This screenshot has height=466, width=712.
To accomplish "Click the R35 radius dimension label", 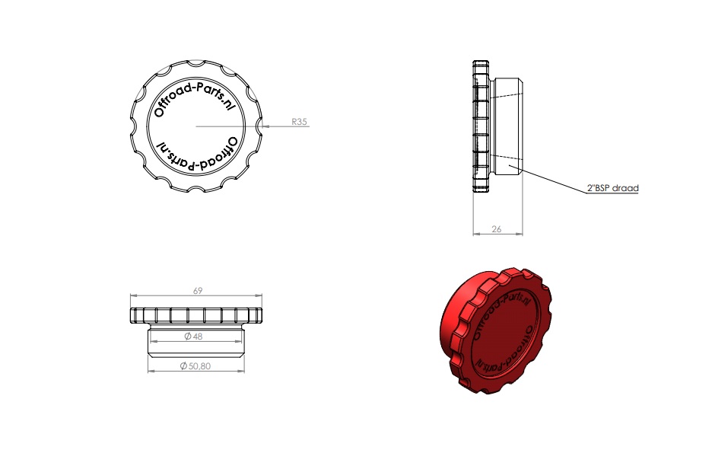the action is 299,121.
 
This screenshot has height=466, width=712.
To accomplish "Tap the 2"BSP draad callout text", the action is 613,188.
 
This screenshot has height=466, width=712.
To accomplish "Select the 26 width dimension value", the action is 497,229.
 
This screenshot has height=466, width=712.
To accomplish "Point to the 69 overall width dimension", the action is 198,291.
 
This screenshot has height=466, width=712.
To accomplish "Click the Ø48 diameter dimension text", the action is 193,337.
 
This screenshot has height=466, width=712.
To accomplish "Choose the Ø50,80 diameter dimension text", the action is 195,366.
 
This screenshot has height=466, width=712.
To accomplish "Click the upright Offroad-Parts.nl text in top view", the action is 194,100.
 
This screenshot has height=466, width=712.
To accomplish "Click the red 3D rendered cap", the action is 496,330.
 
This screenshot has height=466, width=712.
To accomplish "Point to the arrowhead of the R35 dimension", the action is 265,126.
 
